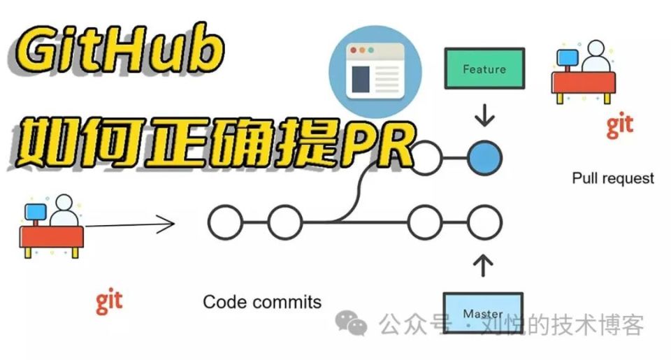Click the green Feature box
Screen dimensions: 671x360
point(484,69)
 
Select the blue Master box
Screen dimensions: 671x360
point(483,313)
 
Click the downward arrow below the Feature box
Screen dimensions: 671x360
point(484,115)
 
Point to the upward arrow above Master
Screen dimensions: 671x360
point(484,265)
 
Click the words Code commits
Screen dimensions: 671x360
point(262,302)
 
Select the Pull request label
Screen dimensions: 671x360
point(613,178)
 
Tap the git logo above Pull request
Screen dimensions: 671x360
point(619,125)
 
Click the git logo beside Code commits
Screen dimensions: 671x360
point(109,301)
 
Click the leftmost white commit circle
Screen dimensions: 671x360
point(225,223)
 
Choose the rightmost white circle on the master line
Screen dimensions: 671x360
point(484,223)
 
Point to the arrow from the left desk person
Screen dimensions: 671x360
point(129,225)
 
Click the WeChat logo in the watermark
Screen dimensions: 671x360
point(352,322)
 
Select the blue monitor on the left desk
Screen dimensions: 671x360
point(36,210)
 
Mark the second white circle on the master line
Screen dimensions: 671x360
point(284,223)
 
